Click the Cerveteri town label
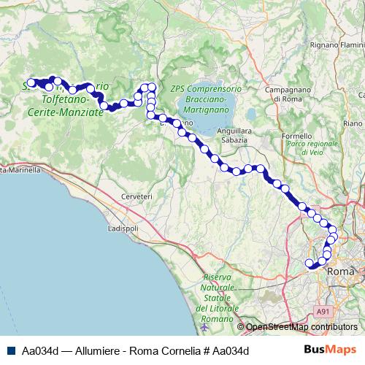coord(137,196)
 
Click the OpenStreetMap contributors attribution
coord(301,327)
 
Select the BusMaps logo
coord(335,350)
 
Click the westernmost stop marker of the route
coord(31,82)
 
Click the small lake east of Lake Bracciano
coord(251,115)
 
